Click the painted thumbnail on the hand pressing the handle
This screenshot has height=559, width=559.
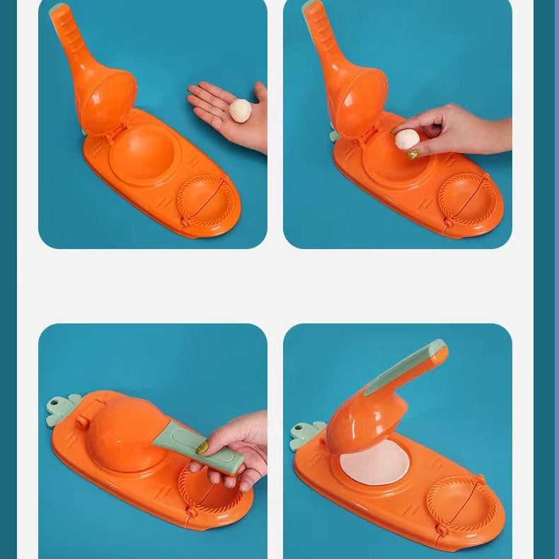202,448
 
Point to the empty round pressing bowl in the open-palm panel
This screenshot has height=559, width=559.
142,152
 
